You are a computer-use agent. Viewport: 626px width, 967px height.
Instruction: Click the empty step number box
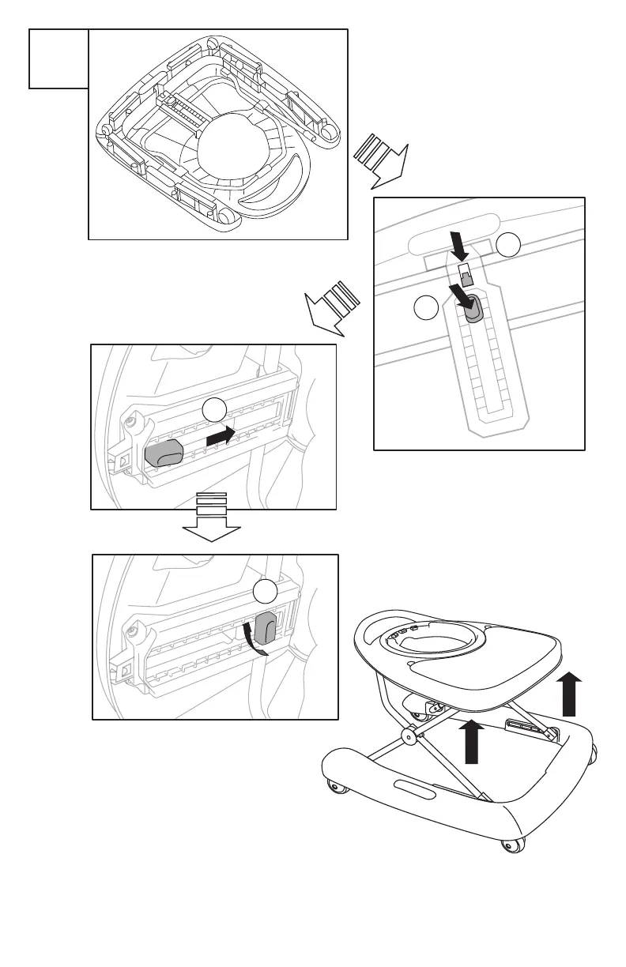click(58, 58)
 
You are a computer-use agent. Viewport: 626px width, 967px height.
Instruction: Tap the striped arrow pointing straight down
click(211, 518)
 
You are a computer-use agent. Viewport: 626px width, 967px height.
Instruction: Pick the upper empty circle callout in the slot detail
click(509, 246)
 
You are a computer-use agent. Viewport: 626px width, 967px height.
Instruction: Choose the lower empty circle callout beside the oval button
click(427, 308)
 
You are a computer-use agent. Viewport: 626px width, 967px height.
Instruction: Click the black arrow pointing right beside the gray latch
click(221, 435)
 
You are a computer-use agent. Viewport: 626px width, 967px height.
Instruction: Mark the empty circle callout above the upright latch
click(265, 592)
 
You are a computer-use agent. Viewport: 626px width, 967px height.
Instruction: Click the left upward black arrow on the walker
click(472, 741)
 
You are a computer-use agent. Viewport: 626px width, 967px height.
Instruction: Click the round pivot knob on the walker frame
click(409, 736)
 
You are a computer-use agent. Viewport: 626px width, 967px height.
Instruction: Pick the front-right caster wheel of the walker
click(512, 846)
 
